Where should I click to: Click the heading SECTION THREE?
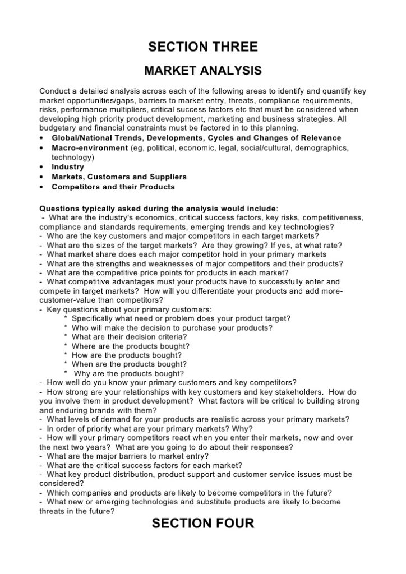(x=202, y=47)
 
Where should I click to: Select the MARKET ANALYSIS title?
(x=202, y=71)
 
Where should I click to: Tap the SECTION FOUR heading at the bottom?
(x=202, y=524)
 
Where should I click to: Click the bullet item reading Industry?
(x=68, y=167)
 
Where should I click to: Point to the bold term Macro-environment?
(x=90, y=147)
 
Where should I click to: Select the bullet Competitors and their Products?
(x=113, y=187)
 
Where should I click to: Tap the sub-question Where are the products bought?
(x=130, y=346)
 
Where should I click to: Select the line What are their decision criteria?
(x=129, y=337)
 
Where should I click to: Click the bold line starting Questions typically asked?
(x=158, y=207)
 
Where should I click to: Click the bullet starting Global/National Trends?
(x=196, y=138)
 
